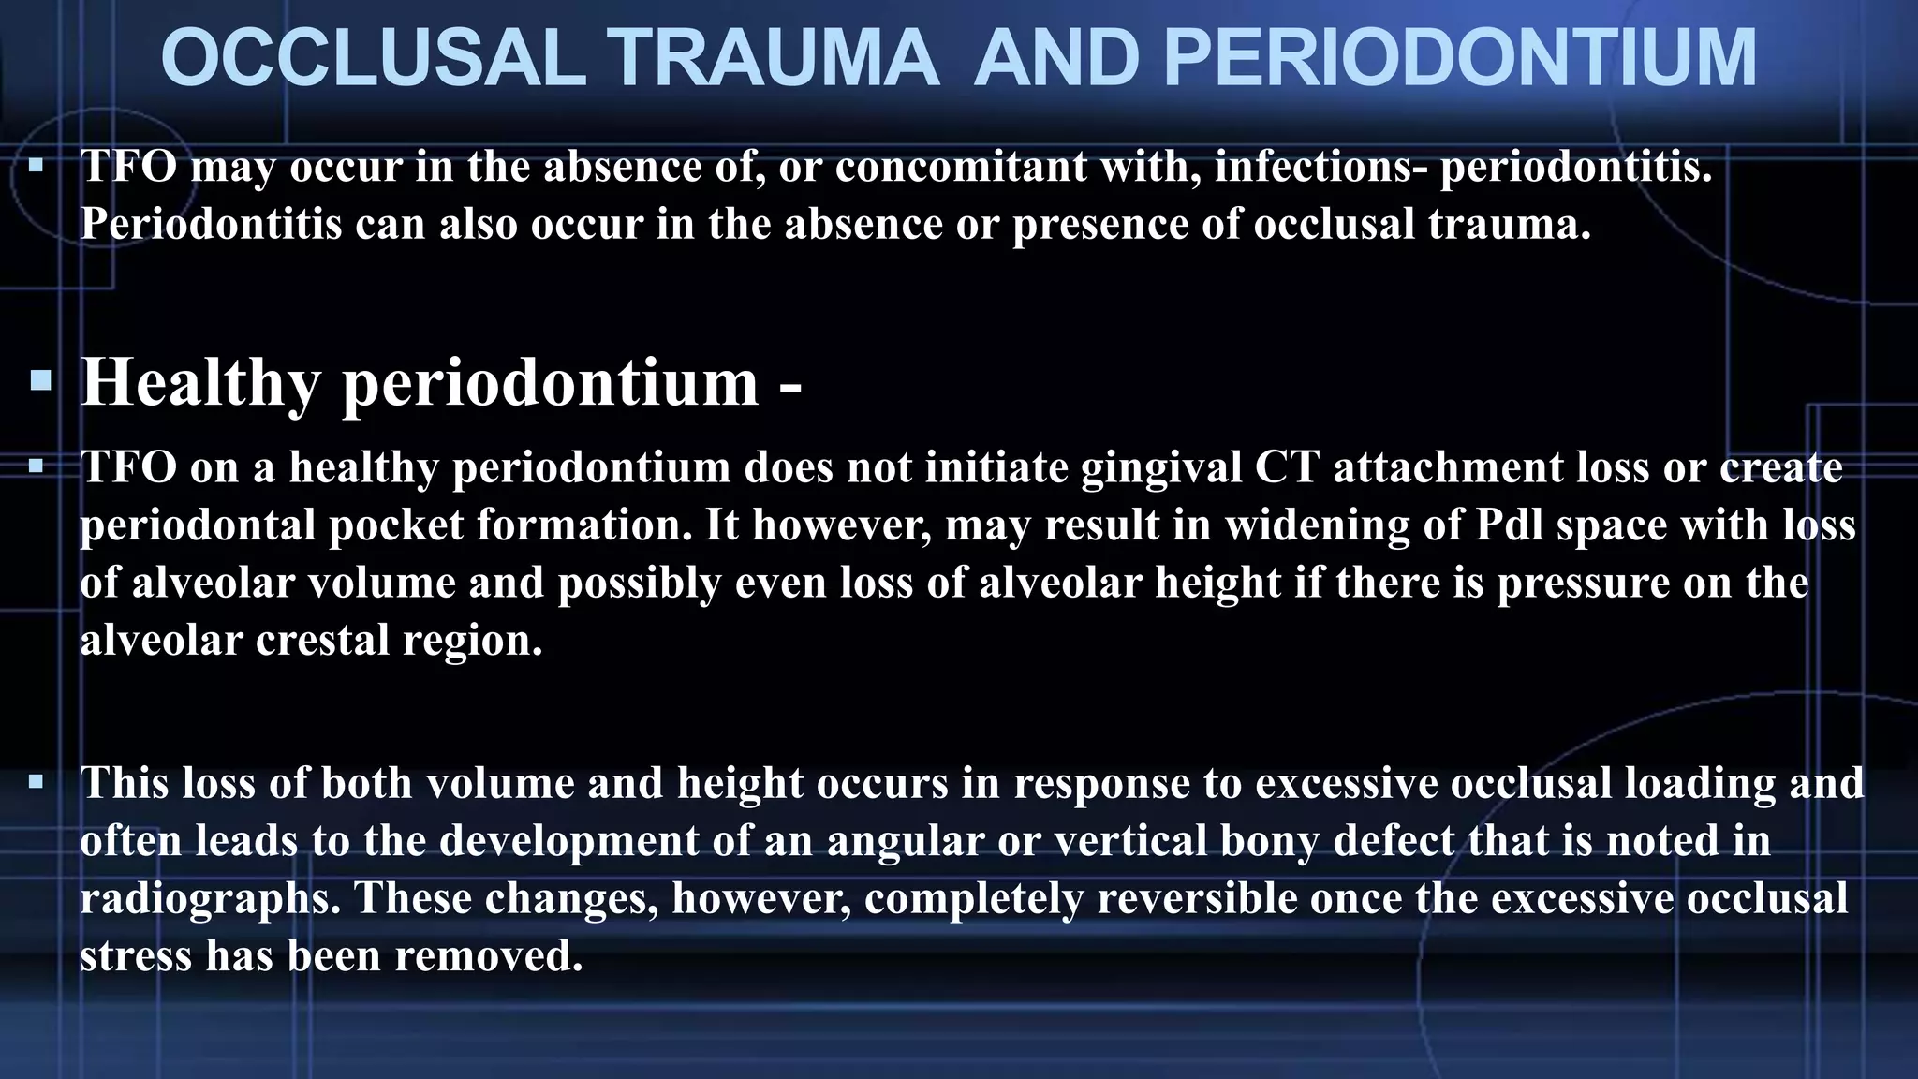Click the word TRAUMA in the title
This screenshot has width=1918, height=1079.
(776, 58)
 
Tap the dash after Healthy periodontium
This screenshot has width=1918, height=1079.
(789, 386)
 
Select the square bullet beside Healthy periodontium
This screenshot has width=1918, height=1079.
(40, 381)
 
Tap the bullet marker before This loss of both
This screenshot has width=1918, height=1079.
(37, 781)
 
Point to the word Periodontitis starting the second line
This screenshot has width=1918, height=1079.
(211, 225)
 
